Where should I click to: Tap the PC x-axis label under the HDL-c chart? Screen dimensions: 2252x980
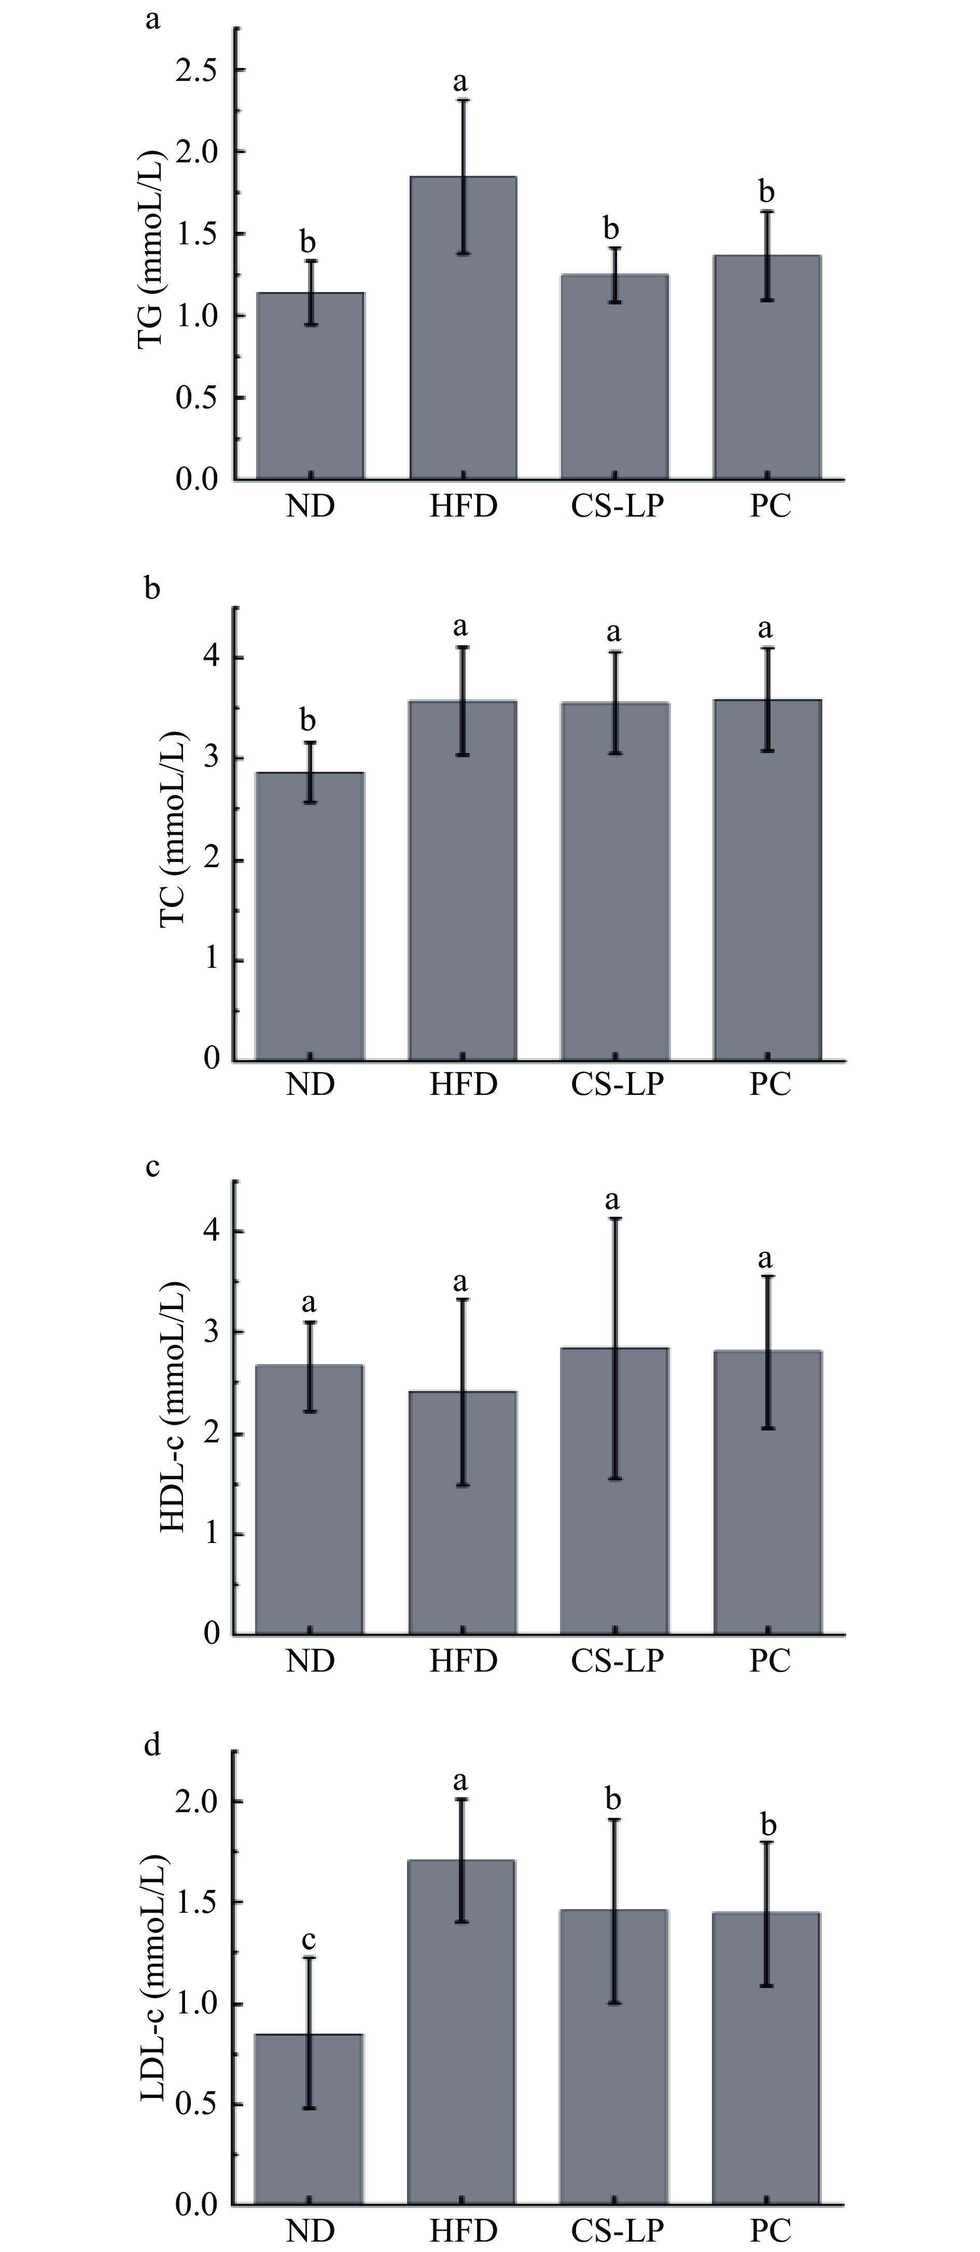point(769,1661)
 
